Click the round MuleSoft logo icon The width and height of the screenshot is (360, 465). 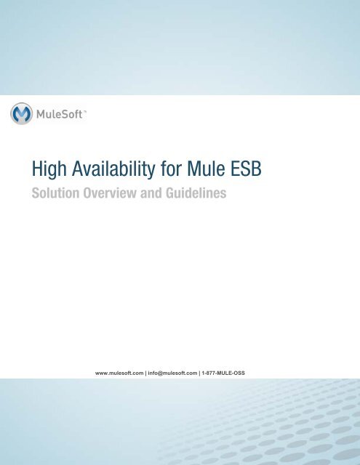coord(23,115)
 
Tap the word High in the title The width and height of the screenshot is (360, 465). coord(41,172)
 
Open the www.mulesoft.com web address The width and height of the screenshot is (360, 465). coord(119,373)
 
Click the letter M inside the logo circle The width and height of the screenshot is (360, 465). coord(23,115)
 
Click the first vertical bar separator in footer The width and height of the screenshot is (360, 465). coord(145,373)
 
